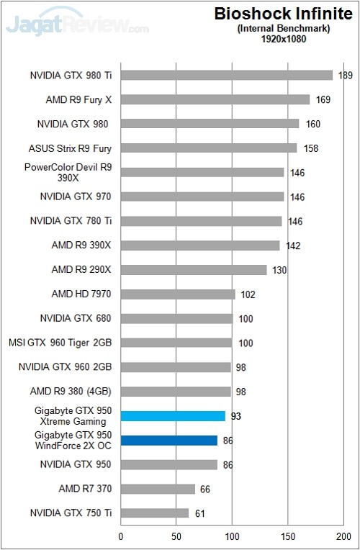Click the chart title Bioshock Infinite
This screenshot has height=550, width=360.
(283, 14)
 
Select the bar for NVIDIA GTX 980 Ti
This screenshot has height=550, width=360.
(226, 75)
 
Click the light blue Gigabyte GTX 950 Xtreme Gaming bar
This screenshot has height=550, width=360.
(173, 416)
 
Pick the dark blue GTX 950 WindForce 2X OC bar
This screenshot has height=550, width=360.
(168, 441)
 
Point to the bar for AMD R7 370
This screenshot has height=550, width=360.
(158, 490)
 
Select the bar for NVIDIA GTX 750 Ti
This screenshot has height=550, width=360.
(155, 514)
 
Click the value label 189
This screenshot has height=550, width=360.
(346, 75)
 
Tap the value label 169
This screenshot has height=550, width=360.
(323, 99)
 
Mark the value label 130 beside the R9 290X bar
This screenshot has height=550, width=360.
(279, 270)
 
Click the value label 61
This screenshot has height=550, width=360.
(200, 514)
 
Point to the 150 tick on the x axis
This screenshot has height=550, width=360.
(288, 536)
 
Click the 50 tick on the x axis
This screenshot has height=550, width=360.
(176, 536)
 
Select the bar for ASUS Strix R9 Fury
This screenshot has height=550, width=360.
(209, 148)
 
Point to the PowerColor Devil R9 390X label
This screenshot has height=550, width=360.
(68, 172)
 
